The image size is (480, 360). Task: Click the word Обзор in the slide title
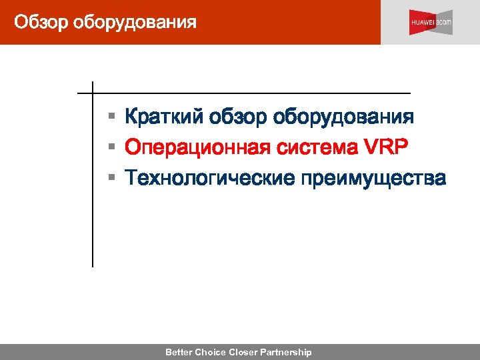click(x=41, y=23)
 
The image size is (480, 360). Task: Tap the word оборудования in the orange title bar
click(x=135, y=23)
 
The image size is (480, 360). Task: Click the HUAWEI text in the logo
click(x=423, y=23)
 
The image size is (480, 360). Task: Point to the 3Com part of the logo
click(x=445, y=23)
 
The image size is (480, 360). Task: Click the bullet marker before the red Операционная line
click(x=113, y=148)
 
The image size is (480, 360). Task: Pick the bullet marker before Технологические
click(x=113, y=179)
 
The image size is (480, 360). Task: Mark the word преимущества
click(x=373, y=179)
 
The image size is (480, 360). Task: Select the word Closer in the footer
click(x=244, y=352)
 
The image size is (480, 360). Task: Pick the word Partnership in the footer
click(x=287, y=352)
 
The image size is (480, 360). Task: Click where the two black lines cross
click(x=92, y=93)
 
